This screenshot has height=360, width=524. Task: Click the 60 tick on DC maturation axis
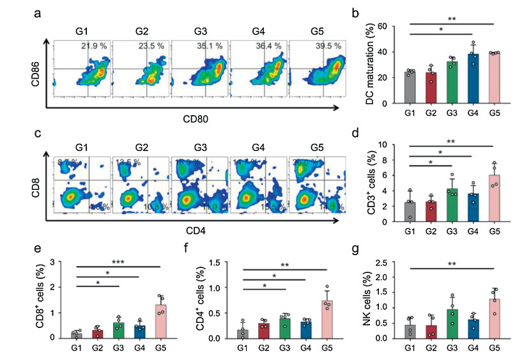point(382,26)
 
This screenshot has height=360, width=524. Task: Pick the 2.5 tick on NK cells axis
point(381,263)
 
